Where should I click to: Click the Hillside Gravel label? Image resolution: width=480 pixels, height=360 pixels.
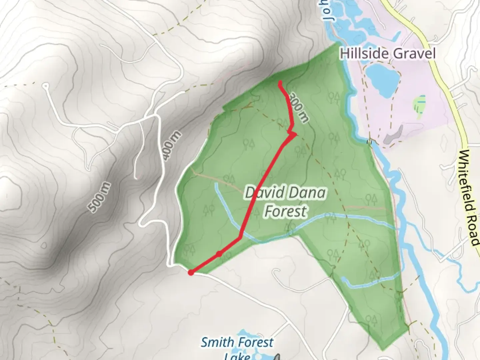tap(388, 53)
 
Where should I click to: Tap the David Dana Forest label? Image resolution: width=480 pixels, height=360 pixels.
tap(285, 202)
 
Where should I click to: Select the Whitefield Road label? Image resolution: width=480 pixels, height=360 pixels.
tap(469, 198)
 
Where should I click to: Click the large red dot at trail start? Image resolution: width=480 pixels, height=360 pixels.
tap(191, 273)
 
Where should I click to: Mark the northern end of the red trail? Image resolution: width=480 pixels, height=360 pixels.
tap(280, 82)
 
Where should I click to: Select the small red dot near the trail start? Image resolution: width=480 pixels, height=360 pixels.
tap(219, 254)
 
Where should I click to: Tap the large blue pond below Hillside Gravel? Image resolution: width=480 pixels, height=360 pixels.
tap(382, 78)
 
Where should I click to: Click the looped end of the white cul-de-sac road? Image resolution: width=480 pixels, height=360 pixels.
tap(46, 86)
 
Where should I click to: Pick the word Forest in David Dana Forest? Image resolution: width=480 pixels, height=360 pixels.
tap(285, 211)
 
